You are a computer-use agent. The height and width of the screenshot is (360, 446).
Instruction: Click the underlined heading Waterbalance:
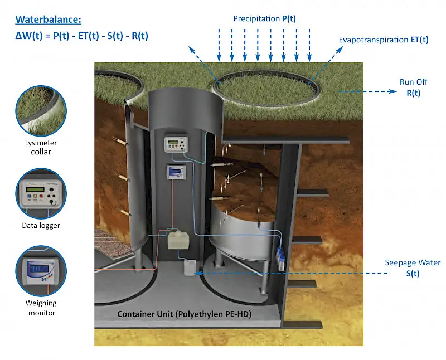[49, 20]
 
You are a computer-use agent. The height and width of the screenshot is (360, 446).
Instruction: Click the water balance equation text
[82, 36]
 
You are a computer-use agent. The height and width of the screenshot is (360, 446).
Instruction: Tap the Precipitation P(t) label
[264, 18]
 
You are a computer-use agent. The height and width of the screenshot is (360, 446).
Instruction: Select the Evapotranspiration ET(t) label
[384, 40]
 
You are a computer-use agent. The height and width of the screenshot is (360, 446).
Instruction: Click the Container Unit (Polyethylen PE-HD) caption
[185, 314]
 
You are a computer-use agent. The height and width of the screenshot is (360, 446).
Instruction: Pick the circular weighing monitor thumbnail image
[41, 271]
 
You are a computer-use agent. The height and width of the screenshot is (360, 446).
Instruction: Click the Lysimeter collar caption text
[41, 147]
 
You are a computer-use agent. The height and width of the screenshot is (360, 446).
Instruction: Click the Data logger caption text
[41, 226]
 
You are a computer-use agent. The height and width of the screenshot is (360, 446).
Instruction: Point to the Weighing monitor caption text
[41, 308]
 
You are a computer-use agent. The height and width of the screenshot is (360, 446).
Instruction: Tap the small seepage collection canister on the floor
[190, 268]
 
